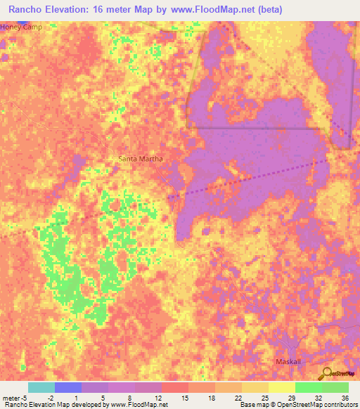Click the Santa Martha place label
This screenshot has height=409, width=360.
(x=141, y=159)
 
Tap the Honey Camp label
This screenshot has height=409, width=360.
(x=21, y=27)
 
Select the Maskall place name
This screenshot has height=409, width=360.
(x=287, y=361)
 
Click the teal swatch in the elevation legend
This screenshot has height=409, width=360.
(x=41, y=387)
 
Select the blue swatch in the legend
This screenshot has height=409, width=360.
(x=68, y=387)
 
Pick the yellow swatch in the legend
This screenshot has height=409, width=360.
(x=281, y=387)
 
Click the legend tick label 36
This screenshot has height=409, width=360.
(x=345, y=397)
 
